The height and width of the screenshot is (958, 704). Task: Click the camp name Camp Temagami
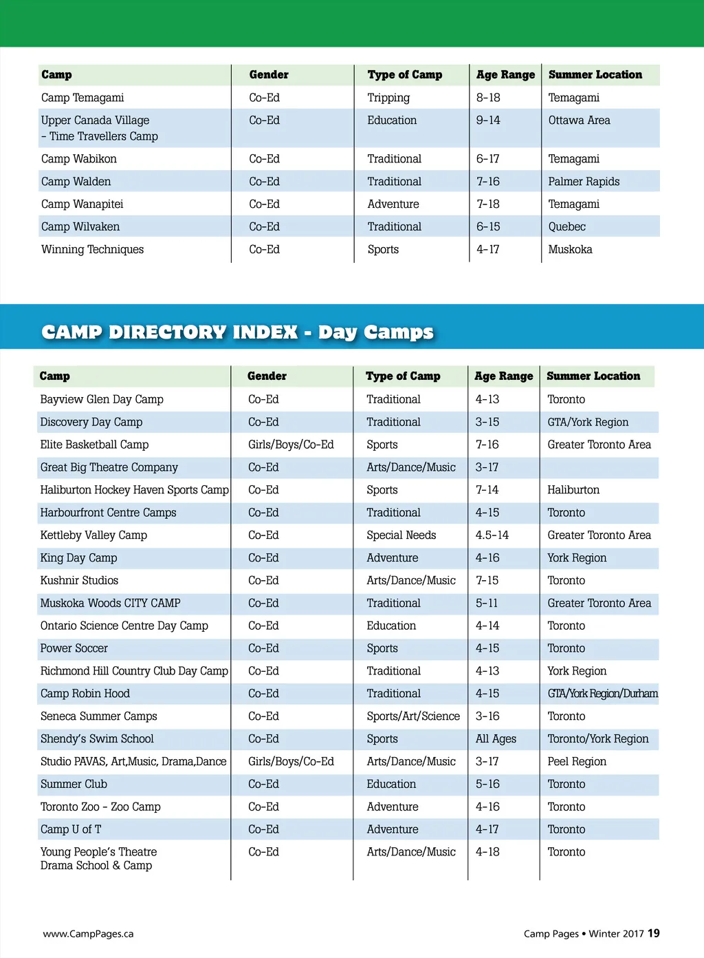(x=82, y=98)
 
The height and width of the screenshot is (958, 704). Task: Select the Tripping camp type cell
(x=388, y=98)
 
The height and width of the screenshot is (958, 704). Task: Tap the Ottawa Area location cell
(x=579, y=120)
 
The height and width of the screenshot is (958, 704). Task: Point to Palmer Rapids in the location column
(x=584, y=182)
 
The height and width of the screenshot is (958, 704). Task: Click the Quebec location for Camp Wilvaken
(x=566, y=227)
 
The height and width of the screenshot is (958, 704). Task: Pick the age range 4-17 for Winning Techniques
(x=487, y=250)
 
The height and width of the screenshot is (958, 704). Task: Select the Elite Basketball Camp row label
(x=94, y=445)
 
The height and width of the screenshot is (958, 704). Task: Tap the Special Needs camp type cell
(x=401, y=535)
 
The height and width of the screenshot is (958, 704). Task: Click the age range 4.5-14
(x=492, y=535)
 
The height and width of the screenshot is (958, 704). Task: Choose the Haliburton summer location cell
(x=573, y=490)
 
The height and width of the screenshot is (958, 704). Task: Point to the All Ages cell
(x=496, y=739)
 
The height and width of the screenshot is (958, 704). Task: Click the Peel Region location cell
(x=577, y=762)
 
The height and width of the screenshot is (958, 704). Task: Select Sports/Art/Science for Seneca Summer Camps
(x=413, y=716)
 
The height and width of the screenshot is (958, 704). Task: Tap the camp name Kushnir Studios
(x=79, y=581)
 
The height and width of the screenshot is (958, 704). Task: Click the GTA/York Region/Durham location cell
(x=602, y=694)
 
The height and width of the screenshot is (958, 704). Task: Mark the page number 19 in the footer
(x=653, y=933)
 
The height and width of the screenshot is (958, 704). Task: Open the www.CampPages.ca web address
(x=88, y=934)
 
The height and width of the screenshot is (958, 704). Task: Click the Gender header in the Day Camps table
(x=267, y=376)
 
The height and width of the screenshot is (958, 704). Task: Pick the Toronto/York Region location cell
(x=597, y=739)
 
